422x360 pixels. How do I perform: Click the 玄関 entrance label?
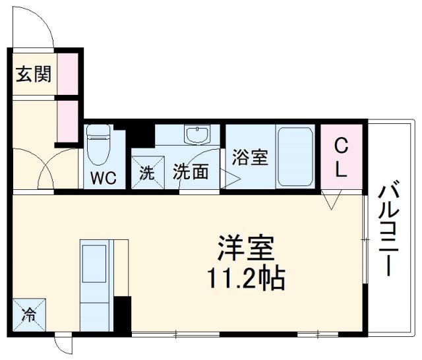point(32,74)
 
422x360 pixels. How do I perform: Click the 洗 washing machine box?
point(146,173)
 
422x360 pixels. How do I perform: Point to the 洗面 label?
point(191,172)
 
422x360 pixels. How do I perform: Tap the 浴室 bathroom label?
point(251,158)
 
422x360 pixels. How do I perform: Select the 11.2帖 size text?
point(247,280)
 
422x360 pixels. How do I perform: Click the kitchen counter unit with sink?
point(96,284)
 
